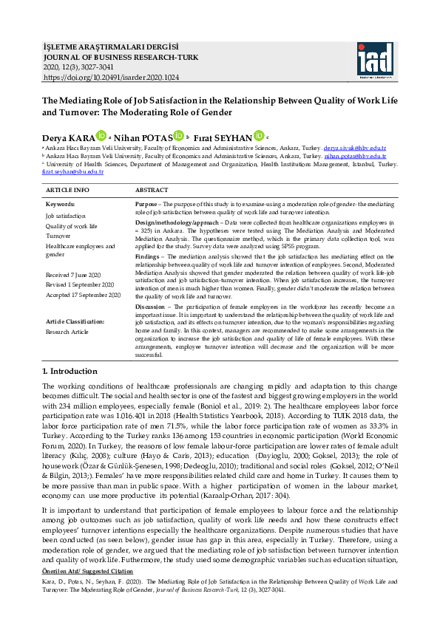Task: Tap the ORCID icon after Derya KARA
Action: tap(101, 136)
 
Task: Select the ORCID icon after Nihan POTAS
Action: tap(178, 136)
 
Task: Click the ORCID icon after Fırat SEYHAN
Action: tap(258, 136)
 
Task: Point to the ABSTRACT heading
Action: tap(152, 190)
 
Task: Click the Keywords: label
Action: tap(60, 203)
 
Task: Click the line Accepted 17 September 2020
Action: tap(83, 295)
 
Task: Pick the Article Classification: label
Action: tap(75, 321)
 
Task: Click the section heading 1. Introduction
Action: tap(70, 371)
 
